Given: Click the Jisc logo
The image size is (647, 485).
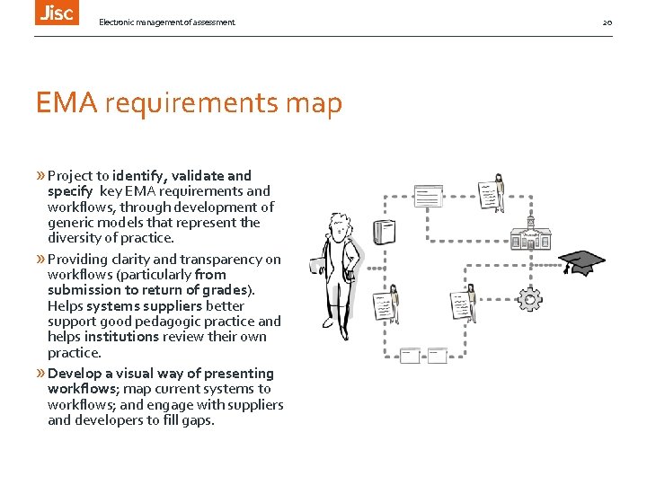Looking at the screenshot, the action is pyautogui.click(x=56, y=12).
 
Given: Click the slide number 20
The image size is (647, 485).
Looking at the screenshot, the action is pyautogui.click(x=607, y=22).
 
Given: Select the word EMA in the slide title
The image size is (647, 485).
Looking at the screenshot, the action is pyautogui.click(x=66, y=104).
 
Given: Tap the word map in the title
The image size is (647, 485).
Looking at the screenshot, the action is pyautogui.click(x=314, y=104).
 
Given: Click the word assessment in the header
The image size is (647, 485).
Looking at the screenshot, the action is pyautogui.click(x=208, y=22).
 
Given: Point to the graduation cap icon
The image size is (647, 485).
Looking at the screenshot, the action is pyautogui.click(x=581, y=262).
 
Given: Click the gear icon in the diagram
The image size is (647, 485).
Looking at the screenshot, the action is pyautogui.click(x=530, y=300).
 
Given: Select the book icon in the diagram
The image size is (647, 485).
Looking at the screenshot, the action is pyautogui.click(x=384, y=232).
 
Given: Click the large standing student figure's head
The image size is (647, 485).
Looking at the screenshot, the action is pyautogui.click(x=341, y=231).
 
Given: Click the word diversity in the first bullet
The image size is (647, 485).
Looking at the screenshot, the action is pyautogui.click(x=75, y=238).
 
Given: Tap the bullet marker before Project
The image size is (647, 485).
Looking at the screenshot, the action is pyautogui.click(x=40, y=176).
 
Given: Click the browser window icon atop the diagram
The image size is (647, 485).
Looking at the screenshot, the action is pyautogui.click(x=428, y=194).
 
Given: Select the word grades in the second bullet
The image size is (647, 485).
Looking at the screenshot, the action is pyautogui.click(x=230, y=290).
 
